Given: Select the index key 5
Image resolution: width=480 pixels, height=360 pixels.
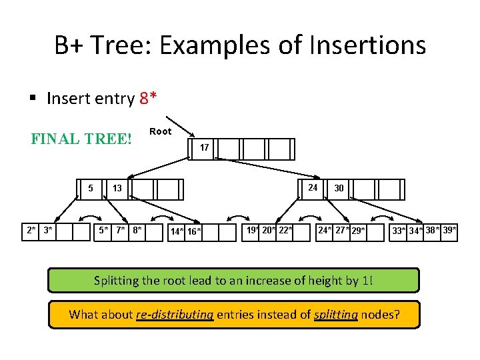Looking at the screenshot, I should [x=91, y=189].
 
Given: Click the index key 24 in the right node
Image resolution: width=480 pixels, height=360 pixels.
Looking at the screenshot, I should [x=313, y=187].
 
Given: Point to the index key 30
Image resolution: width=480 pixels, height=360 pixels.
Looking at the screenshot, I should [x=339, y=189].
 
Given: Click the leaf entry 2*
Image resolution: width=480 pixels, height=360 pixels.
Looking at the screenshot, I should [x=31, y=231].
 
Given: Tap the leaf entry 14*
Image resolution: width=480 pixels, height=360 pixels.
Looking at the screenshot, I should [x=177, y=232].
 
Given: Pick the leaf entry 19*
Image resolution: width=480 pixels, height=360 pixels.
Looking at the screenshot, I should [x=253, y=231].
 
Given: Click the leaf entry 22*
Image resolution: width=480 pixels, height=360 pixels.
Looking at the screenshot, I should [x=285, y=231].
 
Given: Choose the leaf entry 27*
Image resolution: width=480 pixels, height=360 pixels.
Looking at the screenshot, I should [x=343, y=231].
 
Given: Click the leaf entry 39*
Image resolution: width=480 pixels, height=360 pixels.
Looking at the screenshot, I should [x=449, y=231].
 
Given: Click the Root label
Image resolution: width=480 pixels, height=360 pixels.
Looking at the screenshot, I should [x=160, y=131].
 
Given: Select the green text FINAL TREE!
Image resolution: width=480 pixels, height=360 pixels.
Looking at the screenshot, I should [x=82, y=141].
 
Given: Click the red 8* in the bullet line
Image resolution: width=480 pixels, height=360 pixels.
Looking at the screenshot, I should [x=149, y=99].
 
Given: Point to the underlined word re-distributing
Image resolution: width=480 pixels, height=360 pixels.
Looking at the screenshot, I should [x=173, y=314].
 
